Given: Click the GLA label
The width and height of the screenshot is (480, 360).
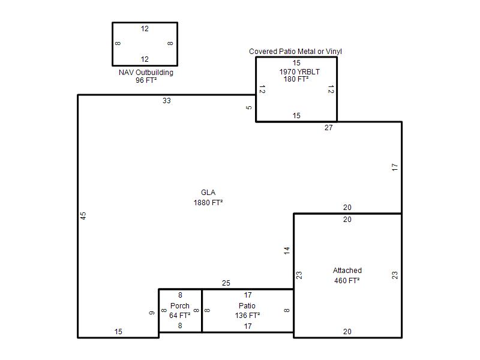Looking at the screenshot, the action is [208, 193].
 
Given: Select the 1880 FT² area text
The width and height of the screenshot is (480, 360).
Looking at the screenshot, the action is [208, 203].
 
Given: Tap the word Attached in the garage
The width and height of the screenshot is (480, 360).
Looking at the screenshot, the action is [347, 271].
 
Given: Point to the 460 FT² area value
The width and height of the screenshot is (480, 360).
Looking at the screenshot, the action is [347, 281].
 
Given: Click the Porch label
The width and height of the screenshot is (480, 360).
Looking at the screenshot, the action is [180, 306].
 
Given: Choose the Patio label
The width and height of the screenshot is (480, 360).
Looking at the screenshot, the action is [247, 306].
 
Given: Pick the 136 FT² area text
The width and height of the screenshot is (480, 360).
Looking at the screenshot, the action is [247, 316].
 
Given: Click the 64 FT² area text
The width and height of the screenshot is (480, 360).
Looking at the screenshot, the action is [179, 316].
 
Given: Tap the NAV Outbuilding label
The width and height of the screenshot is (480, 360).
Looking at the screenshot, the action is [146, 73].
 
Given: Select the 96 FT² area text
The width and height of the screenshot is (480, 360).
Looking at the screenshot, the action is [146, 80].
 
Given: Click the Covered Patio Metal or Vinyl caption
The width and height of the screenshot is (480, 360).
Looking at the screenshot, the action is [295, 52].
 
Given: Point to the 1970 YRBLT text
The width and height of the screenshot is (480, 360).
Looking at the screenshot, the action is [299, 72].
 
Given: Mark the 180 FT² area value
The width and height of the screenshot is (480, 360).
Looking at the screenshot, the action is [296, 79].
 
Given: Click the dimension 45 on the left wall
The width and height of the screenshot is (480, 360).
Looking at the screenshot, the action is [83, 216].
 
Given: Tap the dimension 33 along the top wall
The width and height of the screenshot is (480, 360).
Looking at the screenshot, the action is [167, 101].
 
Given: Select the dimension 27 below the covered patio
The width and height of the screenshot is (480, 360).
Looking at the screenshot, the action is [328, 128].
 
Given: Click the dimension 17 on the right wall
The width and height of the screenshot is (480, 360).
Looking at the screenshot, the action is [395, 167].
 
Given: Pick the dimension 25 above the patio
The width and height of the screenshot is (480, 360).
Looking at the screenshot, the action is [226, 283].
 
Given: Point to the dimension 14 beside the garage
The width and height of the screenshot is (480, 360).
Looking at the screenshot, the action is [287, 251].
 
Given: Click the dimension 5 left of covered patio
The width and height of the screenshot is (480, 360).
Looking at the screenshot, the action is [249, 108].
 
